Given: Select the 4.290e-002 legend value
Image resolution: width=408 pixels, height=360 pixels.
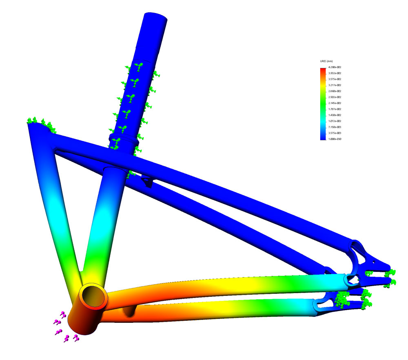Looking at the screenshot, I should tap(335, 67).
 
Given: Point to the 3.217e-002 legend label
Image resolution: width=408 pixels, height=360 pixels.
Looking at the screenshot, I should tap(335, 85).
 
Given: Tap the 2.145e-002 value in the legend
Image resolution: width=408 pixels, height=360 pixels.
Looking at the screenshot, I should tap(335, 103).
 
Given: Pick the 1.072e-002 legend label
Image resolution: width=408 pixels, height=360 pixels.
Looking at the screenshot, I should tap(335, 121).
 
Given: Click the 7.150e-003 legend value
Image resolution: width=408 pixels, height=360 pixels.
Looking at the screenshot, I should tap(335, 127).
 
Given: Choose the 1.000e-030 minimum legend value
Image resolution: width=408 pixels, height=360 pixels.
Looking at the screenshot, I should tap(335, 139).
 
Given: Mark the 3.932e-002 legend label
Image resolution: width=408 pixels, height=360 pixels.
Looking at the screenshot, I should tap(335, 73).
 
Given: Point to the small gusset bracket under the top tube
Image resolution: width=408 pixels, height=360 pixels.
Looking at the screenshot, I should tap(147, 182).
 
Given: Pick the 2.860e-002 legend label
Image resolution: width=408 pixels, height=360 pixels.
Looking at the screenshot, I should tap(335, 91).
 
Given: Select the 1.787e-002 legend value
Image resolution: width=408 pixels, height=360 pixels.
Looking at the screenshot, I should tap(335, 109).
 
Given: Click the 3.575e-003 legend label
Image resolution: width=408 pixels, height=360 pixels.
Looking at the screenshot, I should tap(335, 133).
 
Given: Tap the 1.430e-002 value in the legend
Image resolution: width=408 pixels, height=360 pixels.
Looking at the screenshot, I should tap(335, 115).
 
